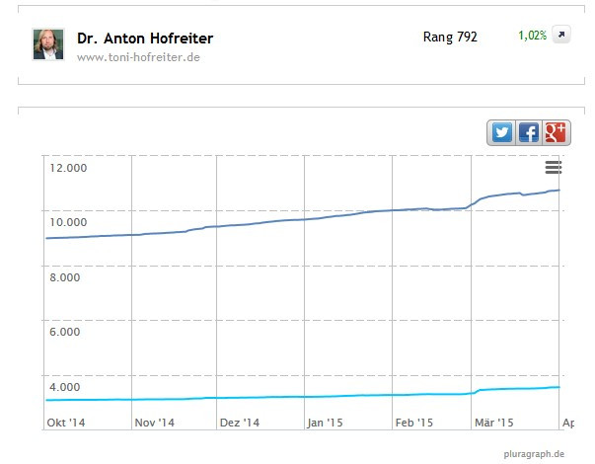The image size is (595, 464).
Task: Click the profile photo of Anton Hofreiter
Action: click(x=48, y=43)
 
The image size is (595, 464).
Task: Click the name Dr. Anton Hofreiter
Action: click(x=145, y=39)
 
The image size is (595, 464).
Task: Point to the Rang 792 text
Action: click(x=449, y=37)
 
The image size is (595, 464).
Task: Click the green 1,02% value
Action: click(x=532, y=37)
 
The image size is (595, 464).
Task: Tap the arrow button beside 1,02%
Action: click(x=560, y=37)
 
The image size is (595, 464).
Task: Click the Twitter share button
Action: click(x=501, y=132)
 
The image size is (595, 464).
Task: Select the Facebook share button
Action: click(x=529, y=132)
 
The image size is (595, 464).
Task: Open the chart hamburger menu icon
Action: click(x=553, y=168)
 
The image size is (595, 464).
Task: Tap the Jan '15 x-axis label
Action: click(x=327, y=423)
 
